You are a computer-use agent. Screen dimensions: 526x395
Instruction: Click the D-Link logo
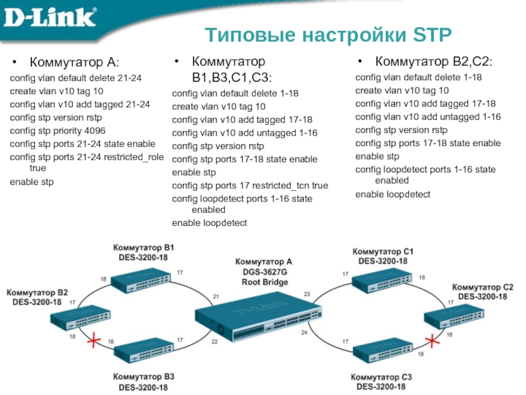coord(49,17)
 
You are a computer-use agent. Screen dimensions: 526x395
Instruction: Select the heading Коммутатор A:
coord(74,63)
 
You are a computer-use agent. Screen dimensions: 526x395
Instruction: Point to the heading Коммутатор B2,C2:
coord(433,63)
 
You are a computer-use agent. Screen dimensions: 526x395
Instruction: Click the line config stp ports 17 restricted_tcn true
coord(250,186)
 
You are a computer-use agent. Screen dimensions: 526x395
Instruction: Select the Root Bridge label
coord(264,282)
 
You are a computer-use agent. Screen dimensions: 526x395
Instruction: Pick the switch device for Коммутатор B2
coord(78,319)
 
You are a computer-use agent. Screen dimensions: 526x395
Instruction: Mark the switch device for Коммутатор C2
coord(452,318)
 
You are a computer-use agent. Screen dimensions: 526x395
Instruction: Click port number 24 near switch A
coord(304,332)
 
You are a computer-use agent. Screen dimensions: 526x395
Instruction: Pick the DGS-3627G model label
coord(264,272)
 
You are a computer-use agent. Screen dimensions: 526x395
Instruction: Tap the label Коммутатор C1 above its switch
coord(383,251)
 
